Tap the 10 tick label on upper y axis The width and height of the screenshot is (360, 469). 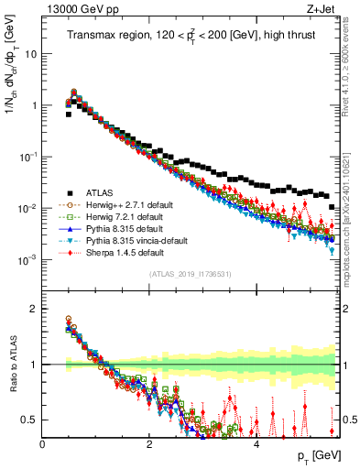(30, 54)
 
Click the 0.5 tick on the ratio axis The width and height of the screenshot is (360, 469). (29, 420)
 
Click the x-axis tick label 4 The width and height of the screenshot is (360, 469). (256, 444)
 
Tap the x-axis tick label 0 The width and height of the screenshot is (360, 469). (42, 444)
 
